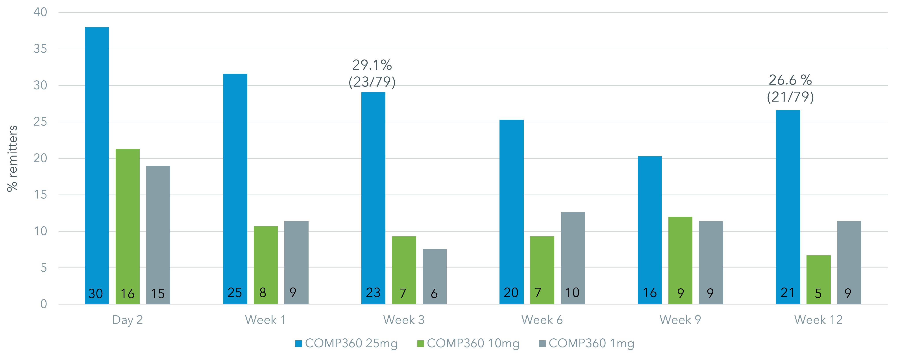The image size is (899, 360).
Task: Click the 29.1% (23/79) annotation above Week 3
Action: [x=372, y=73]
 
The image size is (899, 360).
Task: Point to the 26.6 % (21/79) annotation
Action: [x=790, y=88]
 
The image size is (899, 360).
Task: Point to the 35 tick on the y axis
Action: [x=40, y=49]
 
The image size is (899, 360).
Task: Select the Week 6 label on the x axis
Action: [x=542, y=320]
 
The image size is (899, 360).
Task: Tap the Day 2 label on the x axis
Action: [x=127, y=320]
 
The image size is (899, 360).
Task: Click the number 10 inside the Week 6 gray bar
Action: [x=572, y=293]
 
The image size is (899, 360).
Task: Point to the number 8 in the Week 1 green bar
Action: [x=263, y=293]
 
